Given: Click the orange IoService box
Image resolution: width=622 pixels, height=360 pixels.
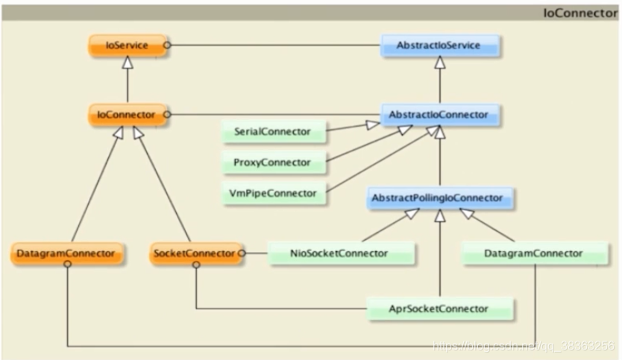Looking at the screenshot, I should tap(126, 45).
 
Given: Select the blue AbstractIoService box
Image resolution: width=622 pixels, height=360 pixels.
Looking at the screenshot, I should tap(439, 45).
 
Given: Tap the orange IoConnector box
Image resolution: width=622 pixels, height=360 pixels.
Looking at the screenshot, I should tap(126, 114).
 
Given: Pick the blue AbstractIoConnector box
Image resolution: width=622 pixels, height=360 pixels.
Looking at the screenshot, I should tap(439, 114).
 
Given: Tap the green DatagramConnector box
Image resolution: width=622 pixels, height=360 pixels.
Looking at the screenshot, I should tap(533, 253).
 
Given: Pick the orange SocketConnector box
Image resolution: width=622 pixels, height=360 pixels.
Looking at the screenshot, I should tap(194, 253).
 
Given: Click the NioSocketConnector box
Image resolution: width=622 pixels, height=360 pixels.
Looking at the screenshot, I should tap(339, 253).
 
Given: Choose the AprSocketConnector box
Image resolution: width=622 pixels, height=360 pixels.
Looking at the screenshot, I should tap(440, 307).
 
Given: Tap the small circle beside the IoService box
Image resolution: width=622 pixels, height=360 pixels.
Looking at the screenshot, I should tap(168, 45).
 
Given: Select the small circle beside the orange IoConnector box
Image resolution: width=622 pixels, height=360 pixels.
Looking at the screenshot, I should tap(168, 114).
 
